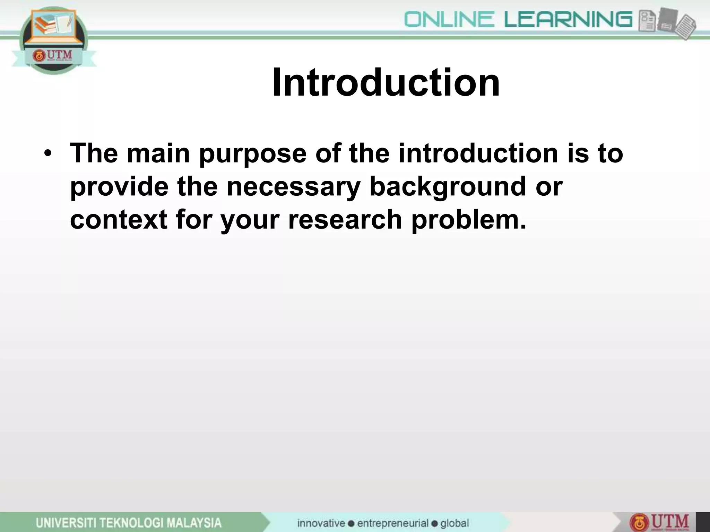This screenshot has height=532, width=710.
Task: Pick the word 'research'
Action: [x=345, y=220]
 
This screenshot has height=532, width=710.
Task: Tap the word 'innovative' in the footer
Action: [x=321, y=523]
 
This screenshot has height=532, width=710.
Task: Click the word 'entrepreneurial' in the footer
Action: [x=393, y=523]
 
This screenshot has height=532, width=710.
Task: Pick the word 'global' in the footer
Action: [x=454, y=523]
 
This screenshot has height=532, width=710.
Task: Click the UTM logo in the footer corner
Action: [x=660, y=523]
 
